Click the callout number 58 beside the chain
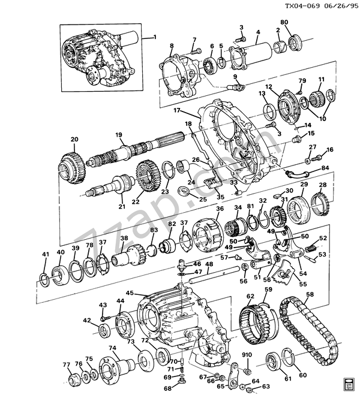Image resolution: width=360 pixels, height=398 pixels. [310, 294]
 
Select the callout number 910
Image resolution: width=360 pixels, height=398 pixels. [247, 355]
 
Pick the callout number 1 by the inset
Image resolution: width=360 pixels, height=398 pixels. [155, 37]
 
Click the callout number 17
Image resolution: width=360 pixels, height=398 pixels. [177, 110]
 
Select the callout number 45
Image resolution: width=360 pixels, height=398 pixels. [130, 293]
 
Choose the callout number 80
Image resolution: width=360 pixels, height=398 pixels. [284, 22]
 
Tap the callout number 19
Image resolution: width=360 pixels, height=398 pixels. [119, 135]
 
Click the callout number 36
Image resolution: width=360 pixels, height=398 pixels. [220, 209]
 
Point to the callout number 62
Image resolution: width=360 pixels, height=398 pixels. [250, 296]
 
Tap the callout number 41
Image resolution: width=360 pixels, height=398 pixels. [45, 254]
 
